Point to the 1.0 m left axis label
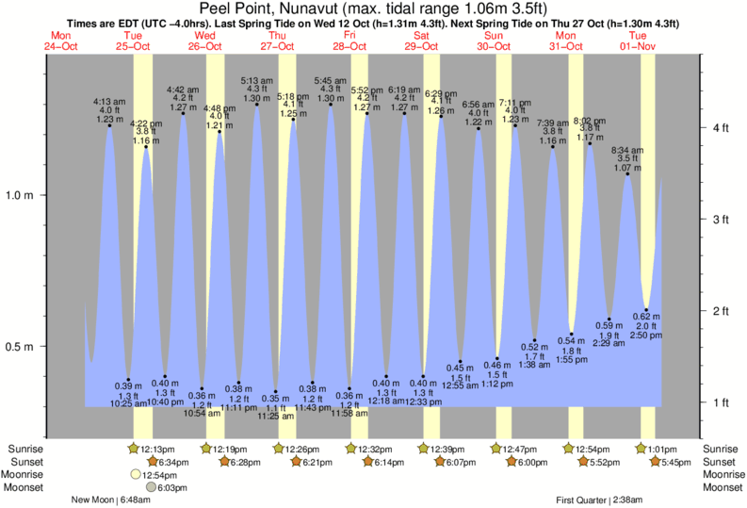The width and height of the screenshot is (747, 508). point(21,195)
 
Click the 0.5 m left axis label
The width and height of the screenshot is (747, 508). point(21,347)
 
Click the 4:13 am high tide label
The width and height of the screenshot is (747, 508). point(107,102)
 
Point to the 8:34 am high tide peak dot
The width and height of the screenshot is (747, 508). point(627,173)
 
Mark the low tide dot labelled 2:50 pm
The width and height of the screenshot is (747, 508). point(646,308)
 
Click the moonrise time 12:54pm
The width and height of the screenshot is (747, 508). point(163,474)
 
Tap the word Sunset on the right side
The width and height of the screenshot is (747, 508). point(721,462)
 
